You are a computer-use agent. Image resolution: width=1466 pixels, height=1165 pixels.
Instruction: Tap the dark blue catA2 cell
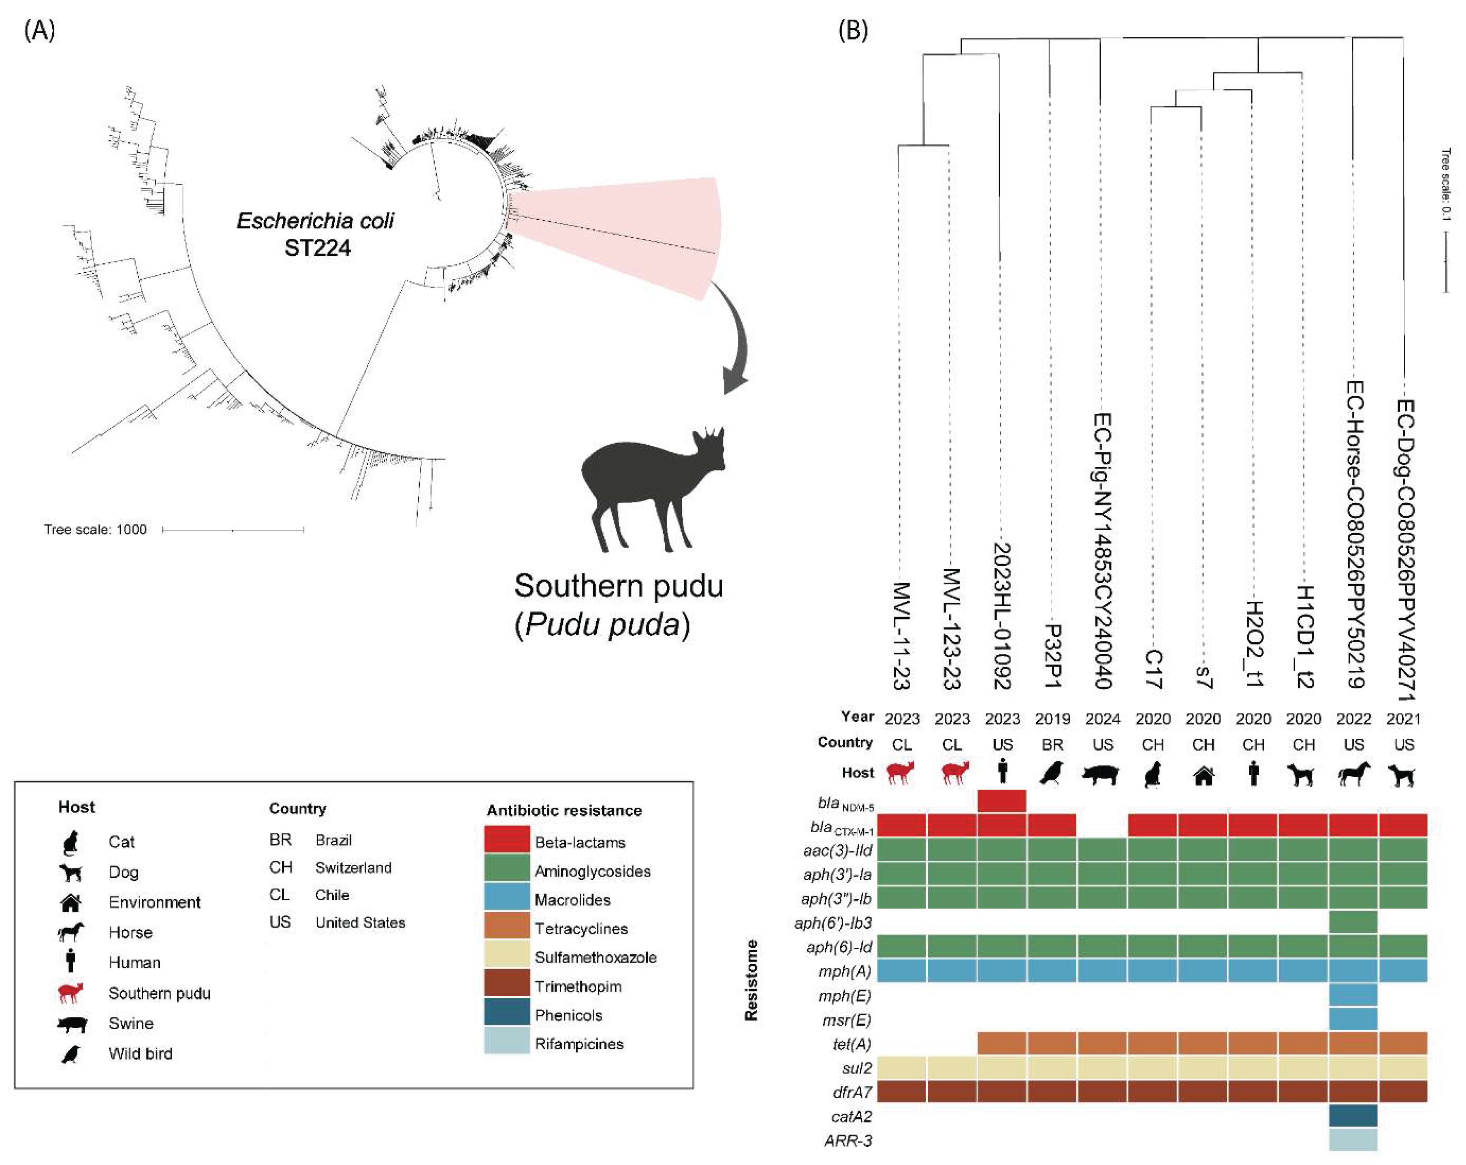pyautogui.click(x=1353, y=1116)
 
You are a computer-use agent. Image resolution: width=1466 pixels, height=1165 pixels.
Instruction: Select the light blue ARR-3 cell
pyautogui.click(x=1353, y=1140)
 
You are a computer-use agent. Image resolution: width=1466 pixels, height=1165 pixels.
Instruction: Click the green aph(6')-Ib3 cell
pyautogui.click(x=1353, y=922)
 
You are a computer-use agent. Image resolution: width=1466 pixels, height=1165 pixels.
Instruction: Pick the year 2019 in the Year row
pyautogui.click(x=1052, y=719)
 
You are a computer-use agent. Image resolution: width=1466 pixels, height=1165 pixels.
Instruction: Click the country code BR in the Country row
pyautogui.click(x=1052, y=745)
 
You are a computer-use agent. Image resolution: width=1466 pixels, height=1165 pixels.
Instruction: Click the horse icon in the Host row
pyautogui.click(x=1353, y=774)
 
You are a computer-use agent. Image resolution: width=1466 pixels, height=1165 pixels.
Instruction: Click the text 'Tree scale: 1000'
pyautogui.click(x=95, y=529)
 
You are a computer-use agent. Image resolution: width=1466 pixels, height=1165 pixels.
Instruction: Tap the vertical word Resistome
pyautogui.click(x=751, y=980)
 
